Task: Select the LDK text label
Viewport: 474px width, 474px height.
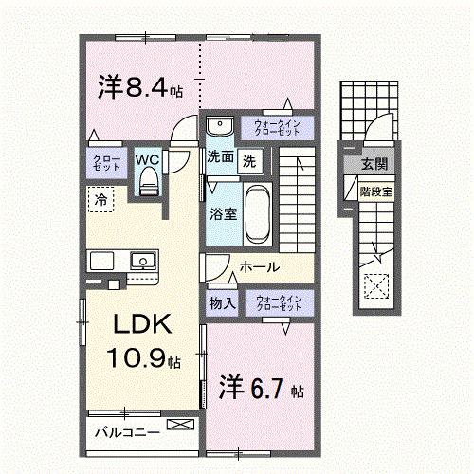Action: [x=142, y=324]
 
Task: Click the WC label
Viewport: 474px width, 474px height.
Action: [x=147, y=159]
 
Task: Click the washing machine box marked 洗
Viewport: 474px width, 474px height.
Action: [x=248, y=160]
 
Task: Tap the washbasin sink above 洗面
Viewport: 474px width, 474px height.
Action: [x=219, y=126]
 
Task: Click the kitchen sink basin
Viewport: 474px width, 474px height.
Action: [x=143, y=259]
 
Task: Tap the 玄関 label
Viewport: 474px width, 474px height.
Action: [x=371, y=165]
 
